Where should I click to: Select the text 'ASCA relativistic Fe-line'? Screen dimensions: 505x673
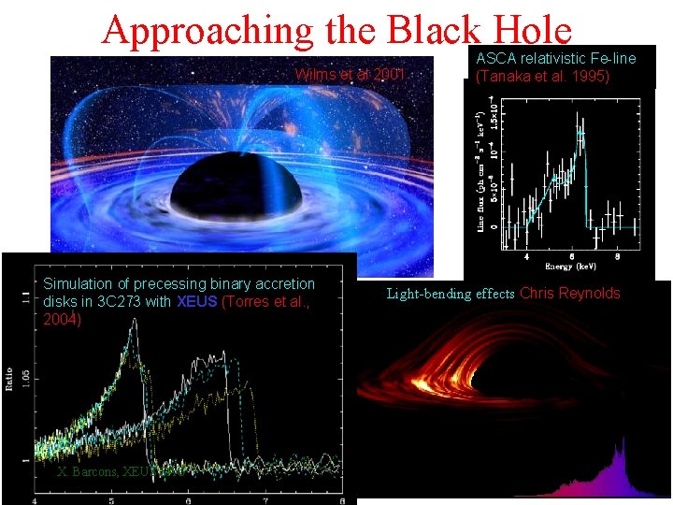coord(555,58)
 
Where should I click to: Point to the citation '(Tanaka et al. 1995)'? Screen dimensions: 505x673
coord(542,77)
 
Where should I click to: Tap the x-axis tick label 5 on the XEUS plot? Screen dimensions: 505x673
coord(139,499)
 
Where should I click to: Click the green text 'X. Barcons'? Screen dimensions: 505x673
coord(91,471)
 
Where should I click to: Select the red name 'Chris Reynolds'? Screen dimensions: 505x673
coord(569,294)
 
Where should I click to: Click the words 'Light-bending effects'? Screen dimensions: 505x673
coord(451,294)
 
